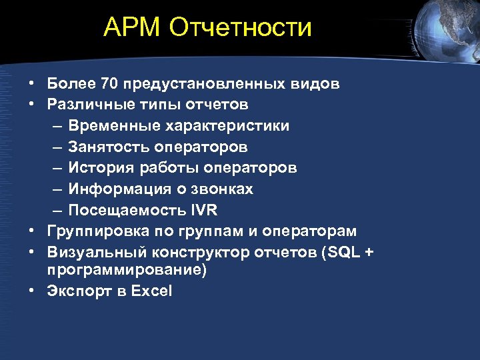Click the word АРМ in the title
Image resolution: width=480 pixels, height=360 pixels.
tap(133, 27)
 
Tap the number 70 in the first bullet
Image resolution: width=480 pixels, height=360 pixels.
tap(109, 84)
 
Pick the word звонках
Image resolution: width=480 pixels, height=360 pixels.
tap(226, 189)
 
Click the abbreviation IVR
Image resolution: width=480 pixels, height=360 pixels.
tap(203, 210)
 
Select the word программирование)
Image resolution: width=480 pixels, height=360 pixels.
tap(127, 269)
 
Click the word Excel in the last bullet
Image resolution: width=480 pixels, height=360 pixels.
tap(151, 291)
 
